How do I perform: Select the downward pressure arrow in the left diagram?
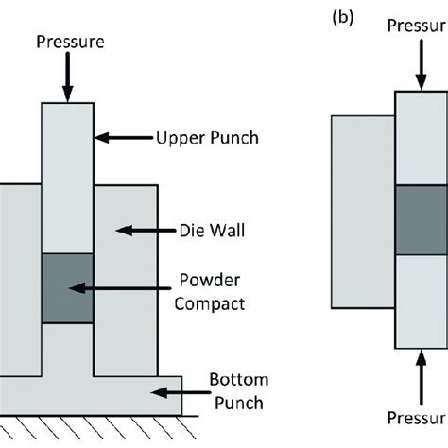(67, 78)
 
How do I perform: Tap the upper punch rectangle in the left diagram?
(67, 175)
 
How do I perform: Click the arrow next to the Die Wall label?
(138, 228)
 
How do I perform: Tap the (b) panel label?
(342, 17)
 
